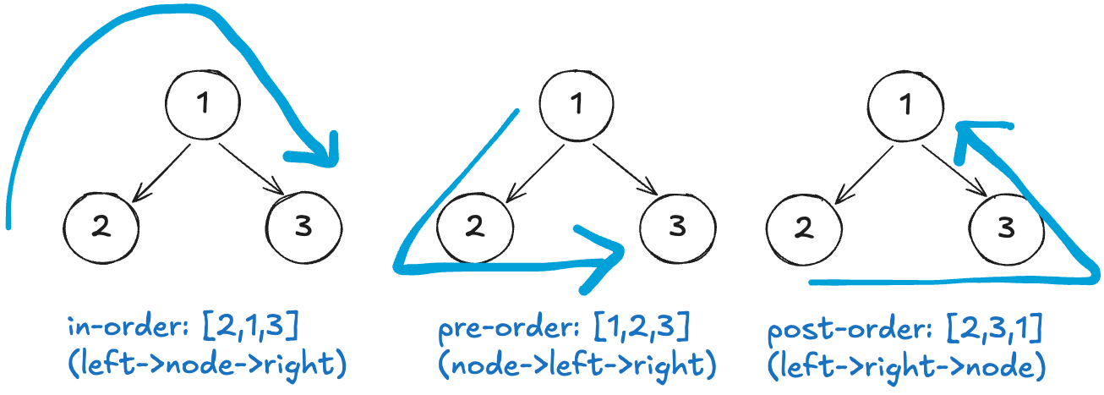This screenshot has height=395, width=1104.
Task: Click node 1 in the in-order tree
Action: (x=202, y=105)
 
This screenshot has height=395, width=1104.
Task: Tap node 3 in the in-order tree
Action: (x=304, y=226)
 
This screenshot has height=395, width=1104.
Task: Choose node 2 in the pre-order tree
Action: (x=476, y=227)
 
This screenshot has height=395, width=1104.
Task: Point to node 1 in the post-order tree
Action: (x=905, y=105)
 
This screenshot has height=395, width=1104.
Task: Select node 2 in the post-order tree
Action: (x=804, y=227)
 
